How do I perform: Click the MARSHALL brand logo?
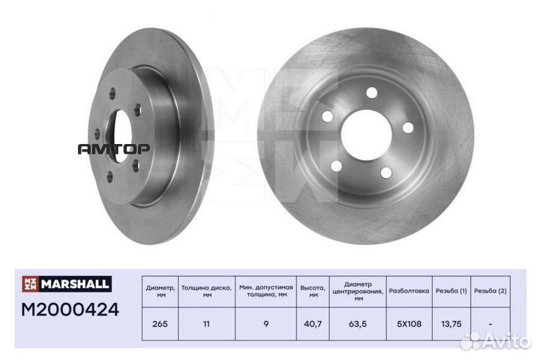pyautogui.click(x=67, y=283)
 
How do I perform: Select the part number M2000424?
pyautogui.click(x=70, y=309)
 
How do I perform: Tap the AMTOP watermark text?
pyautogui.click(x=114, y=149)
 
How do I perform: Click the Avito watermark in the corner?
pyautogui.click(x=496, y=340)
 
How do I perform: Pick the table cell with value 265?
pyautogui.click(x=160, y=324)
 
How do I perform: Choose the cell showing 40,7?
pyautogui.click(x=313, y=324)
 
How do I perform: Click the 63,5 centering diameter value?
pyautogui.click(x=358, y=324)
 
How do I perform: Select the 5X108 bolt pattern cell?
pyautogui.click(x=409, y=324)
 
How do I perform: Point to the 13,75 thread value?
pyautogui.click(x=451, y=324)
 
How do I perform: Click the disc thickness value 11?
pyautogui.click(x=207, y=324)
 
